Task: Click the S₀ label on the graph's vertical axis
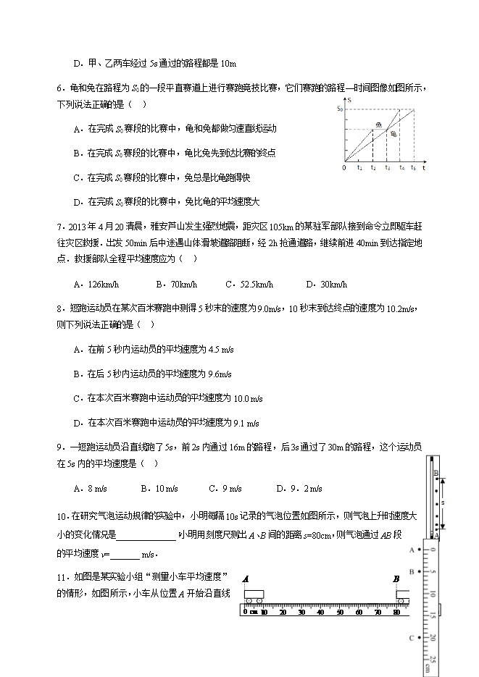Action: pos(340,108)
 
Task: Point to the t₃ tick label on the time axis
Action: pos(387,168)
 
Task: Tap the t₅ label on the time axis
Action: pos(414,168)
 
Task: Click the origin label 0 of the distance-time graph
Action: pos(344,168)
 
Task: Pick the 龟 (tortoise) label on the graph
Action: pos(393,133)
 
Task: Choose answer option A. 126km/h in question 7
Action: pos(95,285)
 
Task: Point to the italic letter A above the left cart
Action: pos(246,579)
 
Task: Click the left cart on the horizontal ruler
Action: pos(254,595)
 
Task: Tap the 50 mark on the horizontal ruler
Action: pos(339,613)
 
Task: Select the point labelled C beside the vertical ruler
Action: pos(412,638)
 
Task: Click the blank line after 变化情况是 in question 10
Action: pos(146,536)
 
